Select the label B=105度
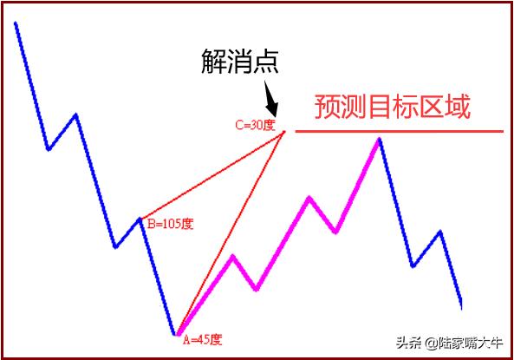tap(169, 224)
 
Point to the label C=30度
tap(254, 125)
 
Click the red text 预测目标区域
tap(392, 108)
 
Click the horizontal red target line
tap(399, 131)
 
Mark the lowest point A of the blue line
tap(176, 334)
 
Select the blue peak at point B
tap(140, 218)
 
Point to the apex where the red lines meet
tap(285, 130)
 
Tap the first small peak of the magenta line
tap(232, 256)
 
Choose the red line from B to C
tap(212, 174)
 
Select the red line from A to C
tap(231, 232)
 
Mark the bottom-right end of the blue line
tap(461, 306)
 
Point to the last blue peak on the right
tap(440, 232)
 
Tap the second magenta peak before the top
tap(309, 199)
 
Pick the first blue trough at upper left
tap(49, 149)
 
